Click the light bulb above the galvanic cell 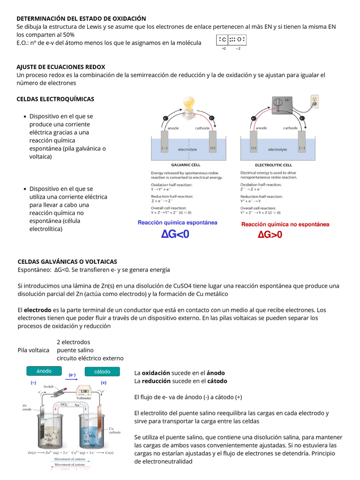tap(187, 104)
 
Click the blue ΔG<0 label tap(175, 234)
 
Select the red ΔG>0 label tap(270, 235)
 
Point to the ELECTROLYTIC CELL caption tap(269, 165)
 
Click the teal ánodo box tap(44, 371)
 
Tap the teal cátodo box tap(102, 371)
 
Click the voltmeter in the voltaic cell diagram tap(84, 392)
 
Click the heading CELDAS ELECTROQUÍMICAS tap(55, 99)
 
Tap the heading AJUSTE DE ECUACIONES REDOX tap(61, 67)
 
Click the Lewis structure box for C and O tap(231, 40)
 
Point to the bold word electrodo tap(37, 310)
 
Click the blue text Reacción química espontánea tap(177, 222)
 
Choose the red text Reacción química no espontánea tap(285, 224)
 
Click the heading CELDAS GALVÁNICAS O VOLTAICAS tap(67, 262)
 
